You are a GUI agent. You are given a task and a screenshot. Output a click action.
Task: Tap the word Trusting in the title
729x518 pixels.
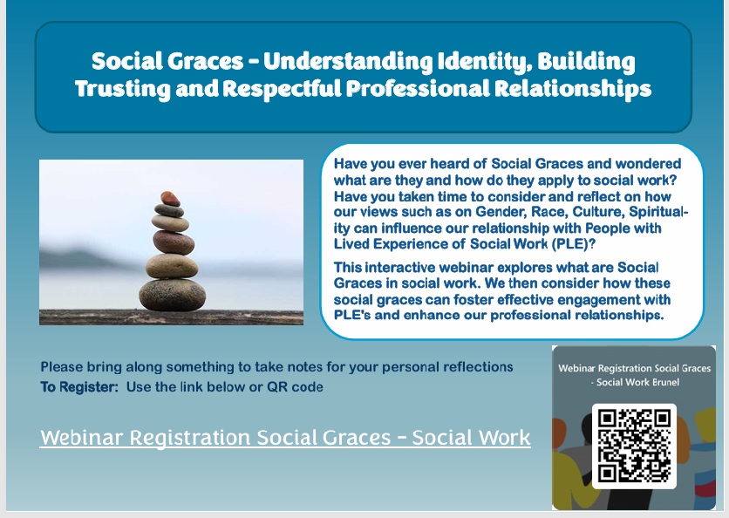click(x=118, y=89)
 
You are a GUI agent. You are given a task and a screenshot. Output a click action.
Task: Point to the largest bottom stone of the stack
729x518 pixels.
click(x=173, y=294)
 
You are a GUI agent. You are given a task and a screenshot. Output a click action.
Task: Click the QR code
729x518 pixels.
click(x=634, y=446)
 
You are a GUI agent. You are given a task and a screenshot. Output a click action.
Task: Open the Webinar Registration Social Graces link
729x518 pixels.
click(x=285, y=437)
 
